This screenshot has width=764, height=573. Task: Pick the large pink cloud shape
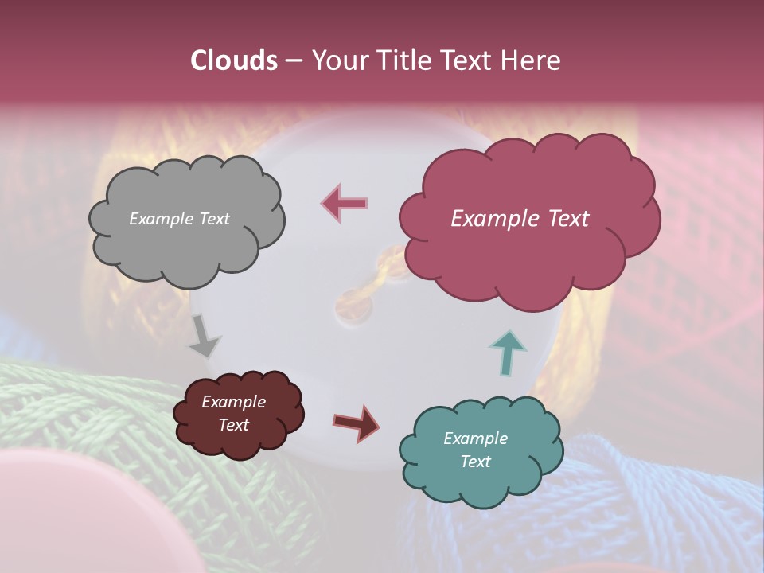[x=525, y=255]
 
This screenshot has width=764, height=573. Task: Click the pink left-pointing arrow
[x=345, y=203]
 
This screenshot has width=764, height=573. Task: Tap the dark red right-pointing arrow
[x=356, y=423]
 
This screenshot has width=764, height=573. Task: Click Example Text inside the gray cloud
[x=179, y=219]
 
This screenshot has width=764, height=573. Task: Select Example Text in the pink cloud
[x=520, y=219]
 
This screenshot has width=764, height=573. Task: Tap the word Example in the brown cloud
[x=233, y=402]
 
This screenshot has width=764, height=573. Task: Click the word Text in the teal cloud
[x=475, y=462]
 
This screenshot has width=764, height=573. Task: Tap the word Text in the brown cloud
[x=233, y=425]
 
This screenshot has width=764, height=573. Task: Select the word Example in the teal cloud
[x=475, y=439]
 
